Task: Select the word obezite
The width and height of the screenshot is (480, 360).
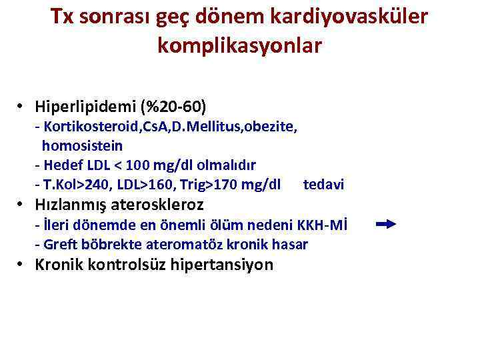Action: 271,127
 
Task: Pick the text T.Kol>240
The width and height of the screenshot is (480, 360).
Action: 71,184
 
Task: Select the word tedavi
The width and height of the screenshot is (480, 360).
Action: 323,184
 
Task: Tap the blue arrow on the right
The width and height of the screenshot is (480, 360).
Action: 386,225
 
